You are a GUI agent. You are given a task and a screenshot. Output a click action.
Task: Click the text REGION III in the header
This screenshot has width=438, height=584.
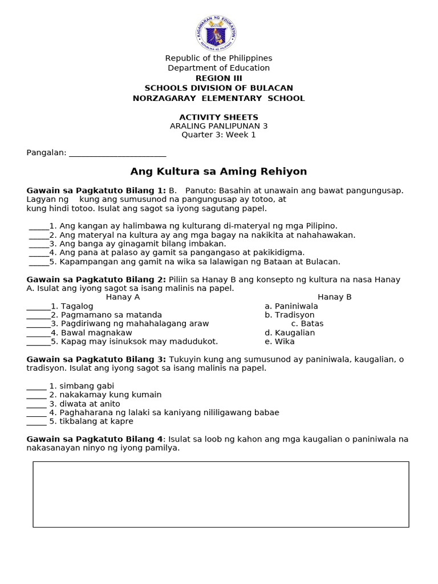click(x=218, y=78)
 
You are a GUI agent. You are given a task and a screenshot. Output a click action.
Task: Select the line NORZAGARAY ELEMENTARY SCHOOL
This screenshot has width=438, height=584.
click(x=218, y=98)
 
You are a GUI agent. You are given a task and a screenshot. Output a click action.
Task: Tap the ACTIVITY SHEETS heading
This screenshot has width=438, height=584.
click(x=218, y=117)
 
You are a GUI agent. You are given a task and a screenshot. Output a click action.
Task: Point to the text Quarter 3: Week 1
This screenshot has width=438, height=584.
click(x=218, y=135)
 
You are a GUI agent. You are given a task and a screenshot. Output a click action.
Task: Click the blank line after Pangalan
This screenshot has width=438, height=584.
click(x=117, y=153)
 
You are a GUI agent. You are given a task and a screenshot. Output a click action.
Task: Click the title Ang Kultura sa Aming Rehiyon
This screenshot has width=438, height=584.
click(x=218, y=172)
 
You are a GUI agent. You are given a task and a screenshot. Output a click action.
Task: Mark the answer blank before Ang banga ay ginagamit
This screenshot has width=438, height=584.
click(x=38, y=244)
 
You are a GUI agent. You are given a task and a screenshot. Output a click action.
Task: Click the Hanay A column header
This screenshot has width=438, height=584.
click(x=123, y=297)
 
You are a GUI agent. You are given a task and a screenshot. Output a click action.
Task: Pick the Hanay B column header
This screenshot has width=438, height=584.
click(x=334, y=297)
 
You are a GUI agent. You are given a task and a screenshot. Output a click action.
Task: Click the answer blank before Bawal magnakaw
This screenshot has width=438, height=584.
click(x=38, y=333)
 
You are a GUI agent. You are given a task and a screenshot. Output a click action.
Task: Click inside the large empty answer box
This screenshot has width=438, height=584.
click(x=221, y=494)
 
